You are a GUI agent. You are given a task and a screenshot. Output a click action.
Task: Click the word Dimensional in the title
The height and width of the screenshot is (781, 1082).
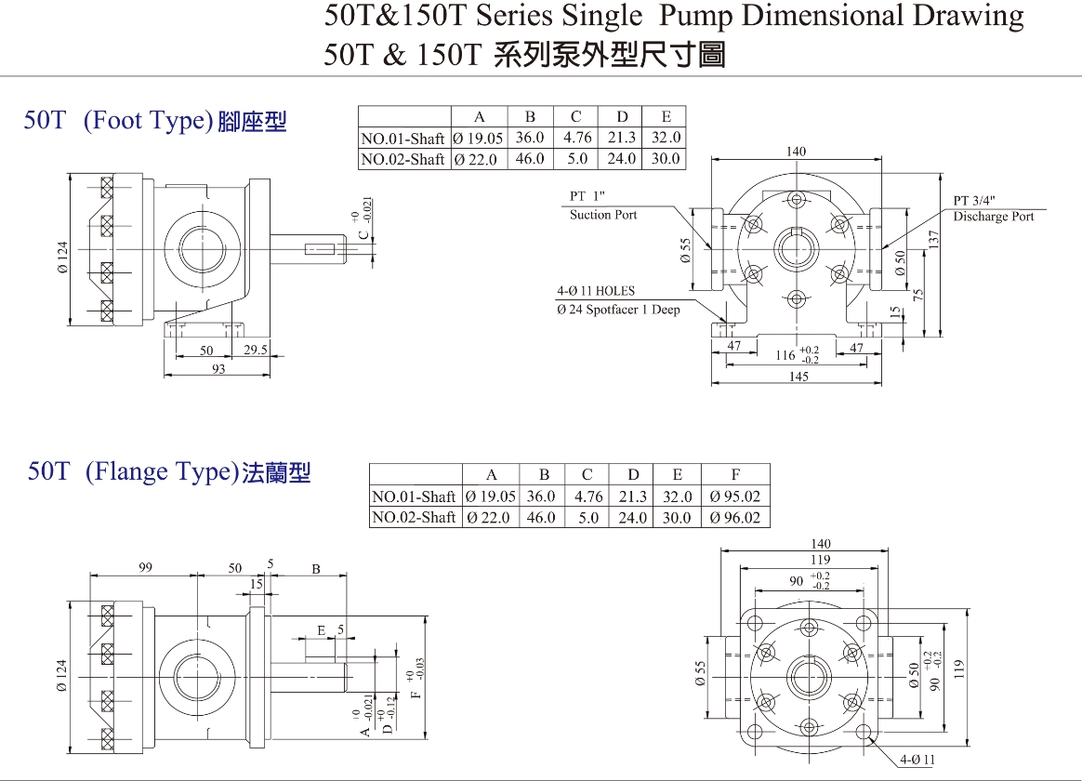(x=828, y=16)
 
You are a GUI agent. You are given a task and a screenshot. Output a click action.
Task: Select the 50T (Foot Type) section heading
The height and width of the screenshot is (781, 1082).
(x=155, y=121)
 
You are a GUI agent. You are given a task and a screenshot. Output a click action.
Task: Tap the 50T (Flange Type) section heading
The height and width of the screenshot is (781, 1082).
(x=168, y=472)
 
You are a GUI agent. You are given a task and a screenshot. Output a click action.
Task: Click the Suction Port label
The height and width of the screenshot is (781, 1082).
(x=603, y=215)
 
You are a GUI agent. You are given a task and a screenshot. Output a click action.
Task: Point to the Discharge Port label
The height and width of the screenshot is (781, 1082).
(x=993, y=217)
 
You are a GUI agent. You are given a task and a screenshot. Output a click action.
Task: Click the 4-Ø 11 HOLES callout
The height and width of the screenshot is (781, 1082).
(x=596, y=291)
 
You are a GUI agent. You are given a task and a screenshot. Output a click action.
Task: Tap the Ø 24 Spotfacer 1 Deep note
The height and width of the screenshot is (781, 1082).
(x=618, y=310)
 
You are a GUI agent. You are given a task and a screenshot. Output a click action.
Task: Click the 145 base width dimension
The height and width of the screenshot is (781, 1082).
(x=798, y=377)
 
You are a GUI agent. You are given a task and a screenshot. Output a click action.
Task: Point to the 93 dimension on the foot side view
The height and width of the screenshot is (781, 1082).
(x=218, y=369)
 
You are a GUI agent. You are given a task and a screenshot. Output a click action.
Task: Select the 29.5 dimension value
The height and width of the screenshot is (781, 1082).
(x=256, y=351)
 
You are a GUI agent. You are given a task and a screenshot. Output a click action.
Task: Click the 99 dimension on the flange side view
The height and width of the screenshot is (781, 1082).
(x=145, y=567)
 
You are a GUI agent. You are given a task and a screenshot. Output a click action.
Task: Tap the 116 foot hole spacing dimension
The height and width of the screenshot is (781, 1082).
(x=785, y=355)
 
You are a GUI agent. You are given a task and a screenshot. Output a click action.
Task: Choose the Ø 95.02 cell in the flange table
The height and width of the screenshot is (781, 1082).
(x=734, y=496)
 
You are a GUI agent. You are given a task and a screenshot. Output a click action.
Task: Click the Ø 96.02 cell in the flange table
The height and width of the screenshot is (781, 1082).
(x=734, y=517)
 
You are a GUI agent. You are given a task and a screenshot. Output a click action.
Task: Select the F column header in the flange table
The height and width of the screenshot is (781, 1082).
(x=735, y=475)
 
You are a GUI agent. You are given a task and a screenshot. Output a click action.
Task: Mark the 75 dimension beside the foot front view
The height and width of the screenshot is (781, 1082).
(x=917, y=296)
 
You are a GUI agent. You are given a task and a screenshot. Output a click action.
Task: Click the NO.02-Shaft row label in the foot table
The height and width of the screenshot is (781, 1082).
(x=402, y=159)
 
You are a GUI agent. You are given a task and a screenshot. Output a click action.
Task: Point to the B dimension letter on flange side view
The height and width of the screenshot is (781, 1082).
(x=316, y=569)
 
